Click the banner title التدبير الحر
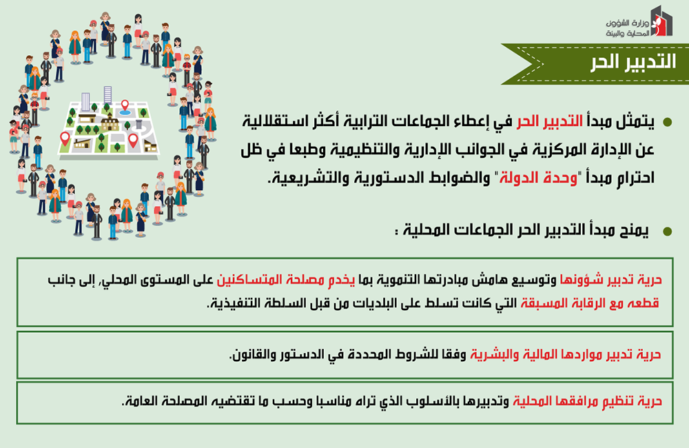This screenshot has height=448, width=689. click(633, 63)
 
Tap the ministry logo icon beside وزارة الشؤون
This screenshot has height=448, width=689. click(661, 21)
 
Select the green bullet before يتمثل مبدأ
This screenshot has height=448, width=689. click(667, 122)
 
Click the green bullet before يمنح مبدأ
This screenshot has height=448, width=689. click(667, 232)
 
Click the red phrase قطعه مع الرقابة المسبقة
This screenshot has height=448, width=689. click(590, 303)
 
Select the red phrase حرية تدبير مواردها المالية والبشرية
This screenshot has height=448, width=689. click(566, 354)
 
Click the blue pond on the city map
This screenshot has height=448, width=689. click(125, 112)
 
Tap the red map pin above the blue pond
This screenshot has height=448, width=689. click(125, 105)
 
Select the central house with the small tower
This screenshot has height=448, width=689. click(110, 123)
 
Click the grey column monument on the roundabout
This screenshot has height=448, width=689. click(139, 125)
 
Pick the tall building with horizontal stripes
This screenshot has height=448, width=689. click(107, 95)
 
